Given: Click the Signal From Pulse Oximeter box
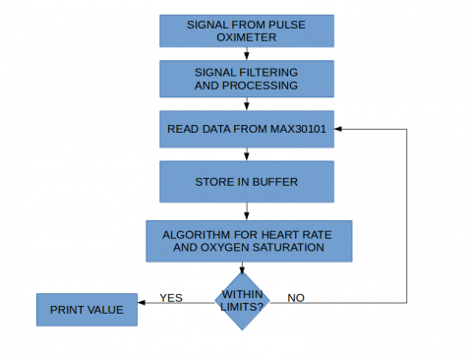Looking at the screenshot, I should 247,30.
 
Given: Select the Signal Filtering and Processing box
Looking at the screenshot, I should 247,79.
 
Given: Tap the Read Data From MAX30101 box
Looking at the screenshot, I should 247,129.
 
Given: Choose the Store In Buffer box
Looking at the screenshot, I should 247,181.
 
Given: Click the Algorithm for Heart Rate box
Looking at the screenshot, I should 247,241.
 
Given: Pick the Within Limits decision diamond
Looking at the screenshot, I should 242,300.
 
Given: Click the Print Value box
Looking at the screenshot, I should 87,310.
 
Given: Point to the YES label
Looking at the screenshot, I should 171,297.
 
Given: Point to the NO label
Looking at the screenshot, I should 295,297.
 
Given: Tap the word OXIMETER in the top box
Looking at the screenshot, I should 247,37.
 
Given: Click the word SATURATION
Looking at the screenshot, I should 287,248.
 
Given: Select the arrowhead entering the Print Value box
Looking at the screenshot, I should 142,302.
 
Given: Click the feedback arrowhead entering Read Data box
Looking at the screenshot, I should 339,129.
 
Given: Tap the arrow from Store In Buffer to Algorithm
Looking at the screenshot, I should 247,210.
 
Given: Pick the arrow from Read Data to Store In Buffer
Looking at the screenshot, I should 247,154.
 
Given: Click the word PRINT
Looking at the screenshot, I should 68,310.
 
